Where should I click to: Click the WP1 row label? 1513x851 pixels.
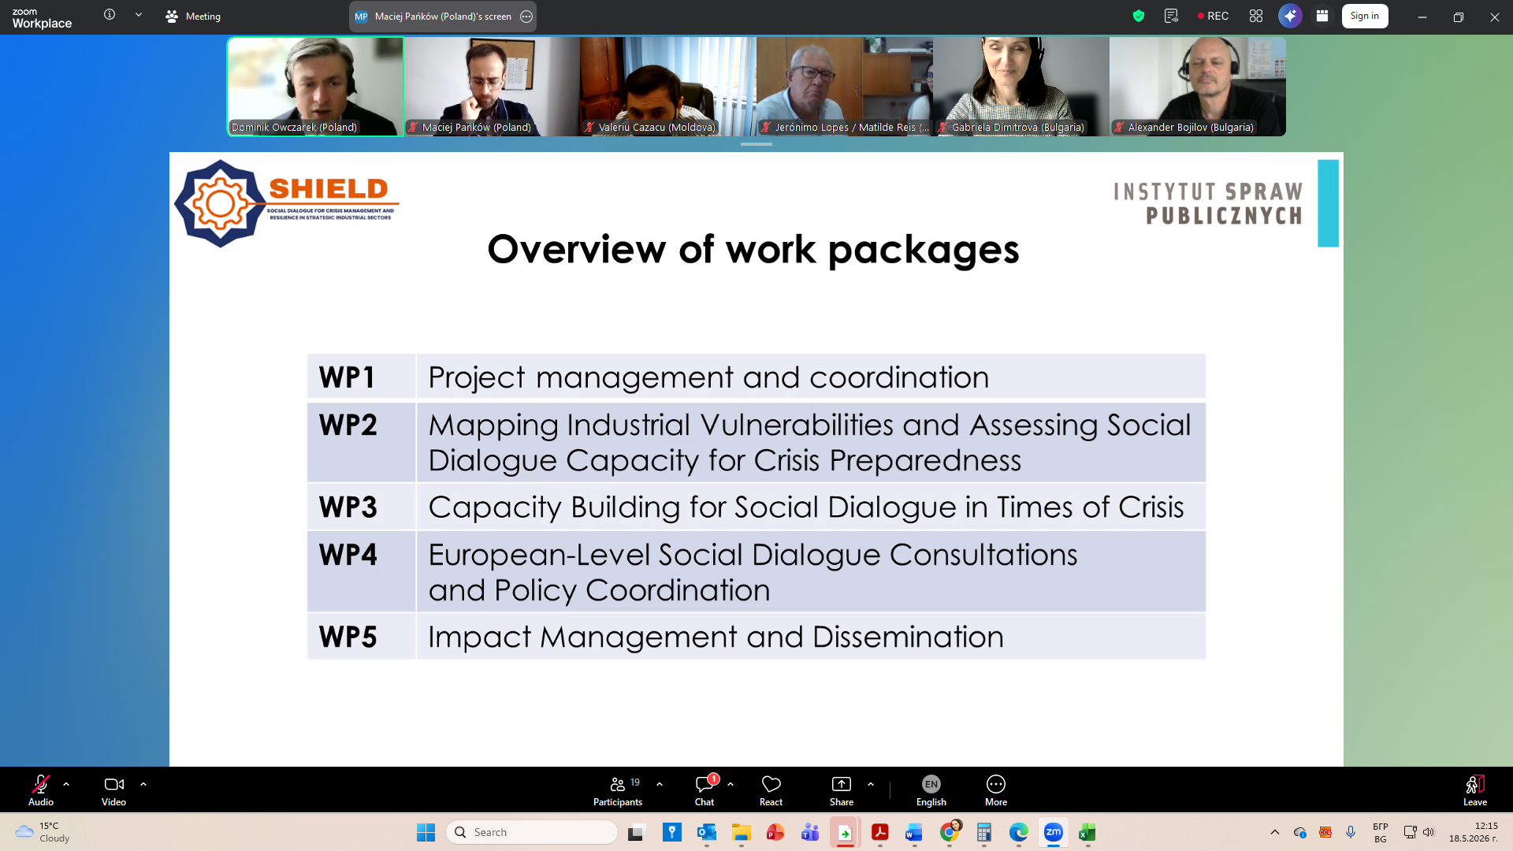coord(347,377)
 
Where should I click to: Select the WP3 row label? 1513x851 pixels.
coord(348,507)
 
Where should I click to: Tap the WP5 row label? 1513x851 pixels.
coord(348,637)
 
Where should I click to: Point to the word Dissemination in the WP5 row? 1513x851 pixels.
coord(908,637)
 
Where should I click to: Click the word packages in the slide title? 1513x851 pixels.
coord(924,251)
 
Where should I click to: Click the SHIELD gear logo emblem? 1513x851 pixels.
coord(220,203)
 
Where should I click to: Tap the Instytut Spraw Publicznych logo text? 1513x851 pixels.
coord(1208,203)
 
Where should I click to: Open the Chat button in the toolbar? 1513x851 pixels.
coord(704,790)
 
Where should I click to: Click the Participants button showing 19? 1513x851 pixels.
coord(619,790)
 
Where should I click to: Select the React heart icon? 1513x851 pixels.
coord(771,784)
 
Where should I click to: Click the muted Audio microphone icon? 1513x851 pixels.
coord(41,784)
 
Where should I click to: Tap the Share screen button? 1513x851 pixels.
coord(842,790)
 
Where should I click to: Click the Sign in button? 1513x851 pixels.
coord(1365,16)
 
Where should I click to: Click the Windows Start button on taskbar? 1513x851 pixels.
coord(426,832)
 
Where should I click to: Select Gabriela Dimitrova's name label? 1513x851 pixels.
coord(1017,127)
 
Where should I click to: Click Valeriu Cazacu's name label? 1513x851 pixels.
coord(657,127)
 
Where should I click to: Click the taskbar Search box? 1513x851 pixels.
coord(532,832)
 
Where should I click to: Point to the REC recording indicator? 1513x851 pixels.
coord(1213,16)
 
